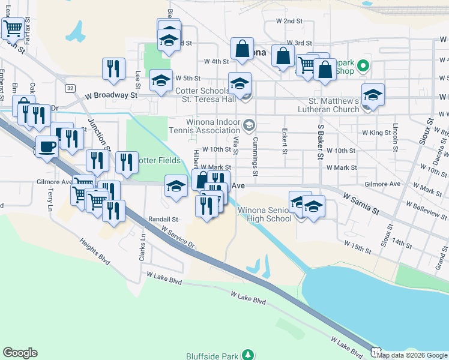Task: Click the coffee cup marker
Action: pyautogui.click(x=47, y=146)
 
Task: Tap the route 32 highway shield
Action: pyautogui.click(x=71, y=88)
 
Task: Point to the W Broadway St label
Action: pyautogui.click(x=111, y=95)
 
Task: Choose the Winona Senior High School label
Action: pyautogui.click(x=265, y=214)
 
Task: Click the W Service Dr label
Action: pyautogui.click(x=178, y=238)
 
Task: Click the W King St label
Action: pyautogui.click(x=376, y=133)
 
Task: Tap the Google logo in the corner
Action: pyautogui.click(x=20, y=353)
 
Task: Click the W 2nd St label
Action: pyautogui.click(x=288, y=21)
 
